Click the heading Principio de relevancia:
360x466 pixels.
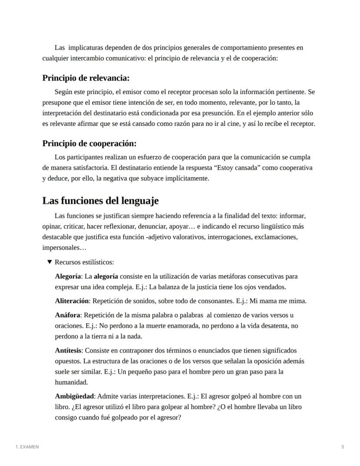click(86, 78)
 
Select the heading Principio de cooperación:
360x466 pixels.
click(89, 144)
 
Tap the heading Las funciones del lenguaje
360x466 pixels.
click(100, 201)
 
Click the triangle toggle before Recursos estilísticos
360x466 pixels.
click(50, 262)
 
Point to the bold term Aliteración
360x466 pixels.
click(72, 301)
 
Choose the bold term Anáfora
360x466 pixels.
click(68, 315)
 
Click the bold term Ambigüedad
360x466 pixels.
click(74, 396)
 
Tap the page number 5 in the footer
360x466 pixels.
click(343, 447)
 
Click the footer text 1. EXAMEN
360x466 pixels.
click(27, 447)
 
